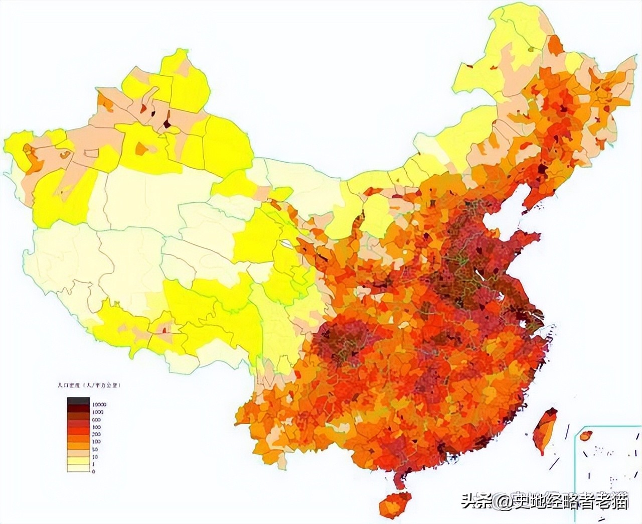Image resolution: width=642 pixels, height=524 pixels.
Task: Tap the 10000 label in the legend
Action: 98,404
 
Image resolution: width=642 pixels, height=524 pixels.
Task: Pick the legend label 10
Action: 95,456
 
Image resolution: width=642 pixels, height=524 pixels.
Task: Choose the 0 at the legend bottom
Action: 93,471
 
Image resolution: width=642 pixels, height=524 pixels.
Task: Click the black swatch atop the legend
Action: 79,401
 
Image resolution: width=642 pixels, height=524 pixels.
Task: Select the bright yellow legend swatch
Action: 79,460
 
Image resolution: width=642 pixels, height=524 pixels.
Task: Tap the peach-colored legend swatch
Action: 79,453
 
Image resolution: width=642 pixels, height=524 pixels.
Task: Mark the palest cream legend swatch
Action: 79,468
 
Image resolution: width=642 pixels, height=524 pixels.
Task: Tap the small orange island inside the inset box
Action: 585,436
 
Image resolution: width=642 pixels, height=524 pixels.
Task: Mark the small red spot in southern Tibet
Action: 164,330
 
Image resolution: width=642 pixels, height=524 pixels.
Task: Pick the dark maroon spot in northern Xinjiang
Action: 167,122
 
